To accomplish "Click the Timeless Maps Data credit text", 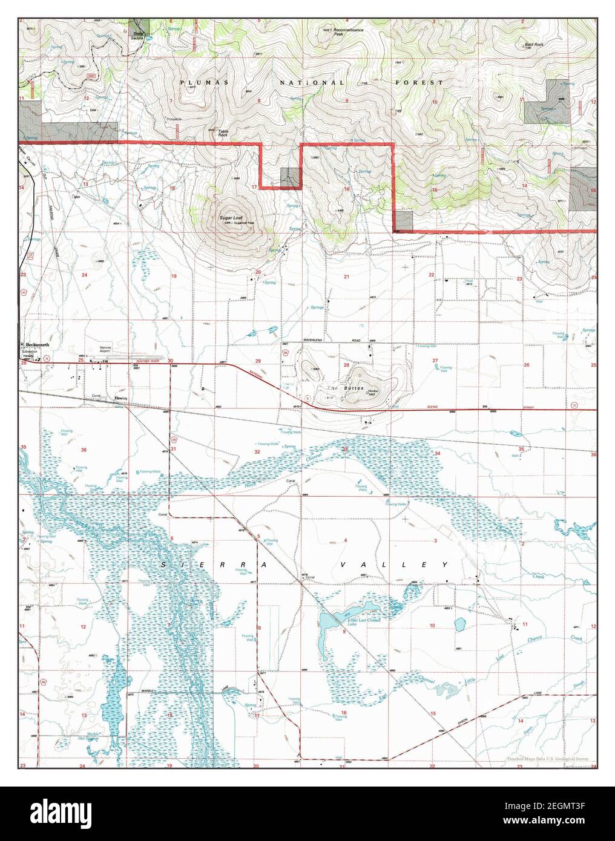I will [547, 759].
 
